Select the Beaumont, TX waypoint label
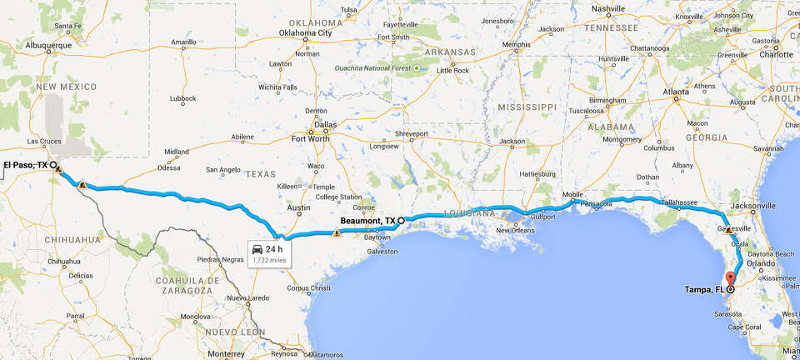(367, 221)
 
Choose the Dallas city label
(325, 125)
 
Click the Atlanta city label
(675, 91)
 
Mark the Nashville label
(607, 8)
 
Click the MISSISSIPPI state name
(527, 107)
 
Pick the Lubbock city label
(182, 98)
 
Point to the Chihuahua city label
(63, 262)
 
